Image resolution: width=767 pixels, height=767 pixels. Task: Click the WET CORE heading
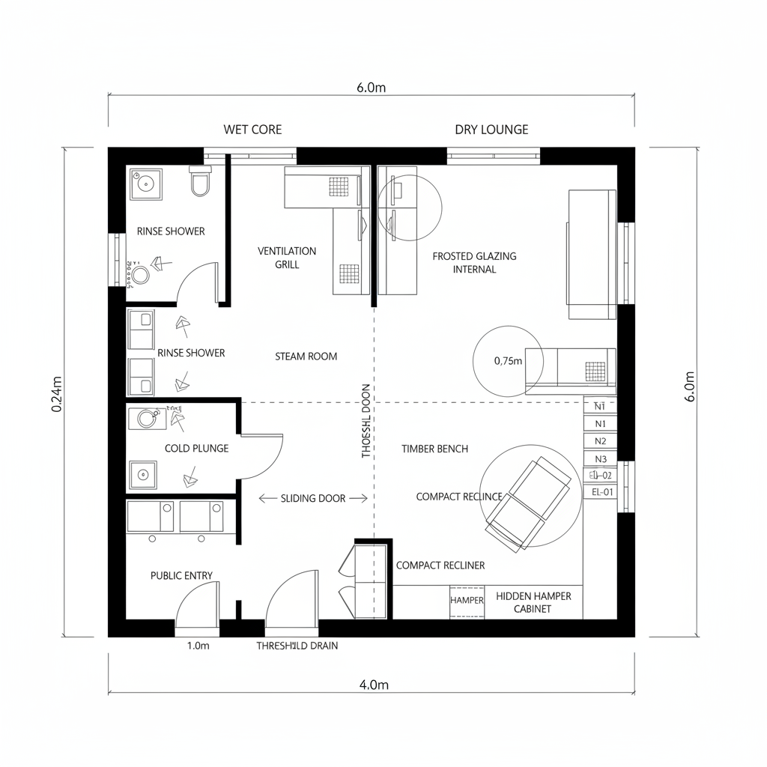[x=252, y=130]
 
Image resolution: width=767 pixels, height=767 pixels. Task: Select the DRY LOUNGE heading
[x=491, y=130]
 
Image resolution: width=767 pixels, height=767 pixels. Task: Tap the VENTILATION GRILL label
[x=287, y=258]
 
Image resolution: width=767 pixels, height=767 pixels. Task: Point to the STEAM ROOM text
[x=306, y=357]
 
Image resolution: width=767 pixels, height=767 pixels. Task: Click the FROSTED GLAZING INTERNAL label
[x=474, y=262]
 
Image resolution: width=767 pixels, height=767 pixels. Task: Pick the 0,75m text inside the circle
[x=508, y=360]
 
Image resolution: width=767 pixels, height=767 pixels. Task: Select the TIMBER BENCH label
[x=434, y=449]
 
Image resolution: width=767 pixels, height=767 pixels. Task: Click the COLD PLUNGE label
[x=196, y=448]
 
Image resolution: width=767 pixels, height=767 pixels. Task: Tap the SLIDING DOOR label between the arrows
[x=313, y=498]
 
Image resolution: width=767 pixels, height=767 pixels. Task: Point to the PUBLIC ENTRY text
[x=181, y=575]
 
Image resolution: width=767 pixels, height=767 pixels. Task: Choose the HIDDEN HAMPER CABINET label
[x=533, y=602]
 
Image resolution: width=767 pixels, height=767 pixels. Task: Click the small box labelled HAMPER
[x=467, y=601]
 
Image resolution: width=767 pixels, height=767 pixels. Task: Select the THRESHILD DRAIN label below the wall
[x=297, y=646]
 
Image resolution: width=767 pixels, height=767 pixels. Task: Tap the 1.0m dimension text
[x=198, y=646]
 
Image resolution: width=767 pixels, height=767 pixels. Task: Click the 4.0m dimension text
[x=374, y=685]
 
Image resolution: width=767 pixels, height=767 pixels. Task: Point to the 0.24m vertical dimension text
[x=57, y=392]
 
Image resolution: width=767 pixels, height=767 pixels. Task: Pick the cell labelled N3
[x=601, y=459]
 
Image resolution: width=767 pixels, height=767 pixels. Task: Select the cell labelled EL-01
[x=601, y=492]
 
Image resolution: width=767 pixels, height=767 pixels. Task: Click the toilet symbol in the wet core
[x=200, y=181]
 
